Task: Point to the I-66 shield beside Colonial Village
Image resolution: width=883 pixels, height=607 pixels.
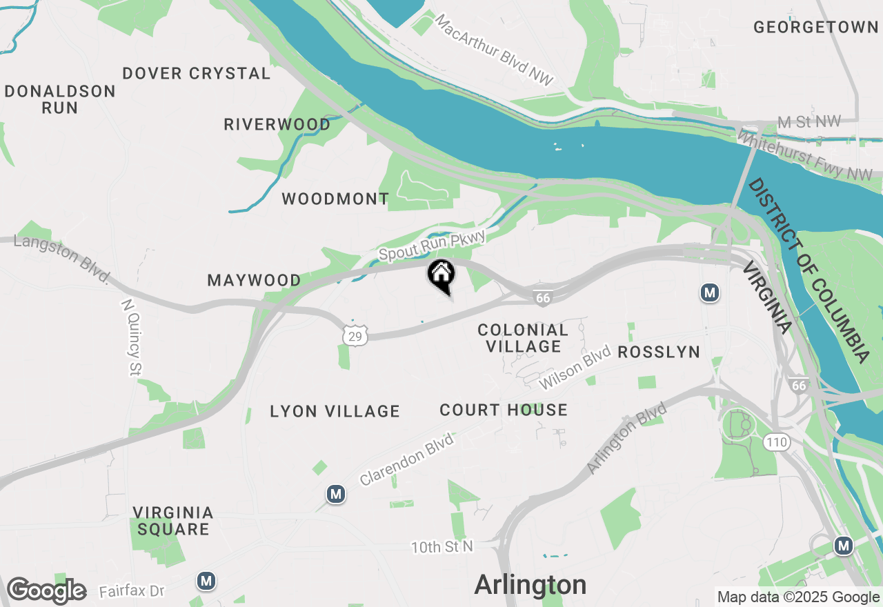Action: (543, 298)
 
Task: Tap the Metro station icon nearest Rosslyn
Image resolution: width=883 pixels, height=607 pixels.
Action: (709, 293)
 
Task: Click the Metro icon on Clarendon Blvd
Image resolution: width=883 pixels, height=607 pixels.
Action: (336, 494)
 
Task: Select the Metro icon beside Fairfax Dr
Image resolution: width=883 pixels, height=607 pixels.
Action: (206, 581)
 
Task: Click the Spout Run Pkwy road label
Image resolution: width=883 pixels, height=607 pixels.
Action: (433, 246)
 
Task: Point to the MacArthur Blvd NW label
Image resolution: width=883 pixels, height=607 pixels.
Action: (495, 50)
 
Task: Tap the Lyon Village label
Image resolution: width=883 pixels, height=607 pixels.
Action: (335, 412)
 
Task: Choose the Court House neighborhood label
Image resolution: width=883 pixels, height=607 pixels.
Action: (504, 410)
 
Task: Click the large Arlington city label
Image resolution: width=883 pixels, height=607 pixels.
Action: (530, 585)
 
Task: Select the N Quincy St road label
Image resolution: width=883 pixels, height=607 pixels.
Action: (131, 337)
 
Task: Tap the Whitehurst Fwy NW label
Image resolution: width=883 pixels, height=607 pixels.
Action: (804, 156)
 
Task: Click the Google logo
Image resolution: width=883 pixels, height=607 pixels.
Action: (46, 591)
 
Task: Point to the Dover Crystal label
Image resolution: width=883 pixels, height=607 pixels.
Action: (197, 73)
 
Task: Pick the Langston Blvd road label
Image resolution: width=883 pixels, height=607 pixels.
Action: (62, 257)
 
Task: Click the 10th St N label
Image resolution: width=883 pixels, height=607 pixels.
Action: (443, 547)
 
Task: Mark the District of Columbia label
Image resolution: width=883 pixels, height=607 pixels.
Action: (808, 270)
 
